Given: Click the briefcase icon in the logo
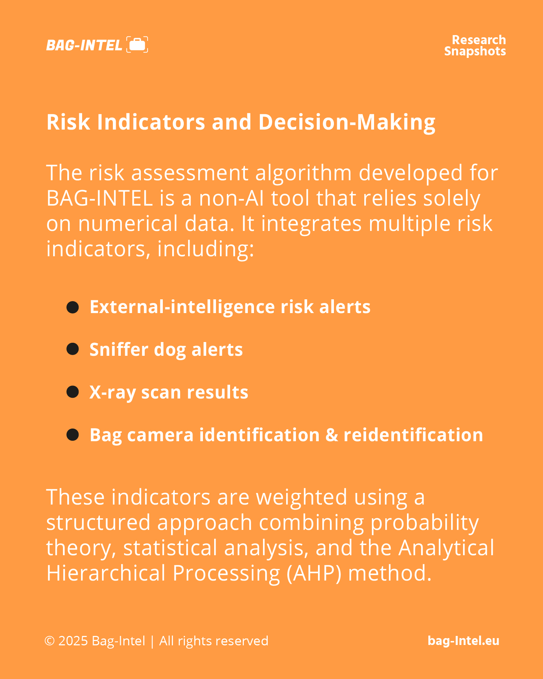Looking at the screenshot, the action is (137, 45).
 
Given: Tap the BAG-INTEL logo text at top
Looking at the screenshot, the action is (84, 45).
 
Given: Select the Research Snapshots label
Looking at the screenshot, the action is (475, 46).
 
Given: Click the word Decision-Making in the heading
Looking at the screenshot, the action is (347, 122).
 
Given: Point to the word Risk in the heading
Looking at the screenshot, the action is (68, 122).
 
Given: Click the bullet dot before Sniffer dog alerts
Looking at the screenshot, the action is (73, 349).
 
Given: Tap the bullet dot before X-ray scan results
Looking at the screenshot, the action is (73, 392).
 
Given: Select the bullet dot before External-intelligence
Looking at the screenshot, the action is (73, 307).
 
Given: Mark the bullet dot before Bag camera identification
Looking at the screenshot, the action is (73, 435).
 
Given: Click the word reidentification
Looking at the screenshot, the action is (413, 435).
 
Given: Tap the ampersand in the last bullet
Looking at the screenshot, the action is (332, 435).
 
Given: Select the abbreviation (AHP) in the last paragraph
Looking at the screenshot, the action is (314, 573).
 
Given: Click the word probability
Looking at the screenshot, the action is (425, 523).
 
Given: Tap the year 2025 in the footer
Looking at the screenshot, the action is (73, 641).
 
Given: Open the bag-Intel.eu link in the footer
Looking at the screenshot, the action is (463, 641).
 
